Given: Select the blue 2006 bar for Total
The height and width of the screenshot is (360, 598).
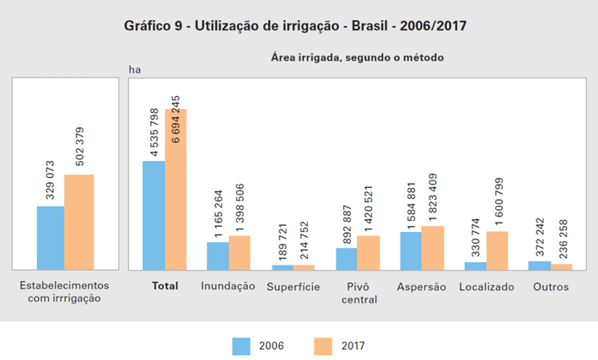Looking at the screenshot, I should tap(154, 215).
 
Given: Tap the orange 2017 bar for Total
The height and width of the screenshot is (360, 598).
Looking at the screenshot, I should tap(175, 189).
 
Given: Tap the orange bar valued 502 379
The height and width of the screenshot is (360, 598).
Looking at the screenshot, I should tap(79, 222).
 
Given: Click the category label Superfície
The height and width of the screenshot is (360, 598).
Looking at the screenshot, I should tap(293, 287).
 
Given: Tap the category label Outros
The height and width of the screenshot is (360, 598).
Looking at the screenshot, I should tap(551, 287).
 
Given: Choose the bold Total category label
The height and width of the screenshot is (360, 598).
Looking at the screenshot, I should tap(164, 287).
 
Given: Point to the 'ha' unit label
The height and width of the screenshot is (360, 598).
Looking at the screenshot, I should tap(133, 69).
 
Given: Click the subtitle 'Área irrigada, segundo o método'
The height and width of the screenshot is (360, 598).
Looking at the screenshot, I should tap(357, 57).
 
